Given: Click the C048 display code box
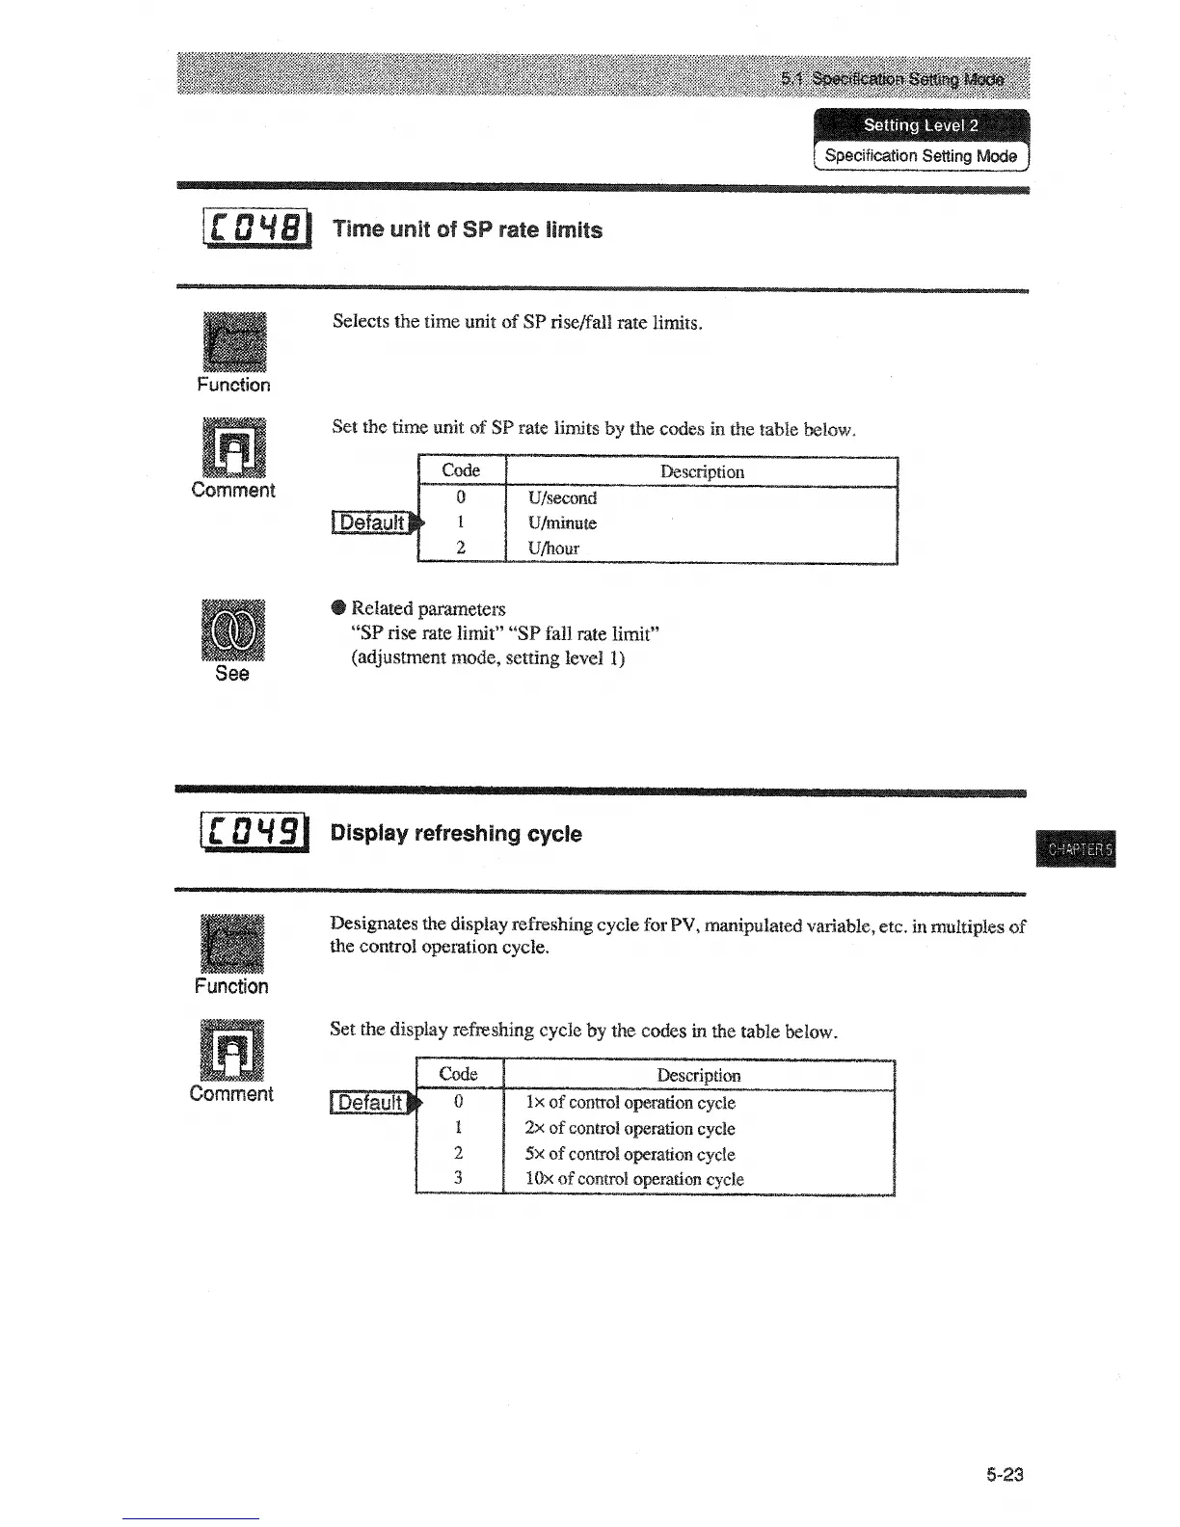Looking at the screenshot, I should [255, 229].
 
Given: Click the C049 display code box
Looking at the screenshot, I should [254, 833].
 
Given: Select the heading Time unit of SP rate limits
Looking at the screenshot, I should [467, 229].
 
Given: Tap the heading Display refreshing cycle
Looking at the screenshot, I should [456, 833].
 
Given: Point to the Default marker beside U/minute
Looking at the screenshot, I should [375, 522].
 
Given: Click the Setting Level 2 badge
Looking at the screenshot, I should [921, 124].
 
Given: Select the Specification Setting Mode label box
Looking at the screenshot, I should [921, 155].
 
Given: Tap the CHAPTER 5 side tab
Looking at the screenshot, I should [1080, 849].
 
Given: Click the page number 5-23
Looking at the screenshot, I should [1004, 1474].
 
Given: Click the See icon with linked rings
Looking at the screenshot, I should [232, 630].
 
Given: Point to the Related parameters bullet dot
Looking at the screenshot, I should [337, 607].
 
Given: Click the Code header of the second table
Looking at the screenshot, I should [458, 1074].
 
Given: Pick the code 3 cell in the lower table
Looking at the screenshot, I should [458, 1177].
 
